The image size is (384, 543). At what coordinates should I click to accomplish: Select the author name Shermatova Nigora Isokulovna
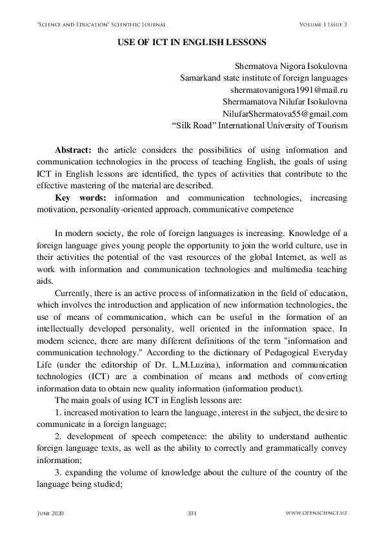point(292,65)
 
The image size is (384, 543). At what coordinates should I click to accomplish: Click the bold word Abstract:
point(74,150)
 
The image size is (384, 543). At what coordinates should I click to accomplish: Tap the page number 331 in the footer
point(192,513)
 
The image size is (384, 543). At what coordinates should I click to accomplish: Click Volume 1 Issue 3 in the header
point(323,25)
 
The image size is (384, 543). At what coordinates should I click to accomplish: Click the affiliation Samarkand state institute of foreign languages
point(263,77)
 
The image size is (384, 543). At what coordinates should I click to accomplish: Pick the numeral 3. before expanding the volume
point(58,472)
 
